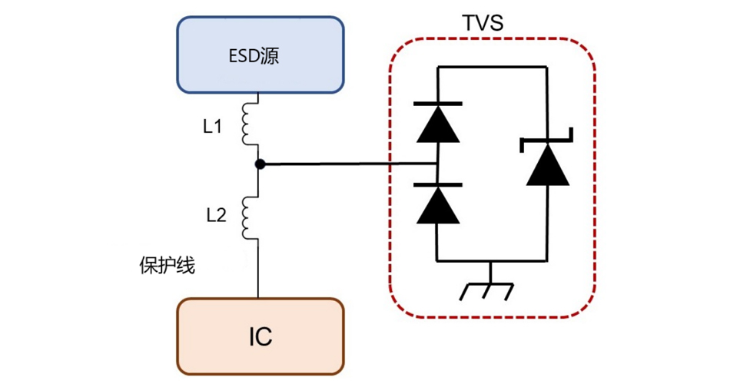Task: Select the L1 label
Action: click(212, 127)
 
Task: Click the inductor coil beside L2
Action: click(250, 217)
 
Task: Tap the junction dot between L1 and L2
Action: click(260, 164)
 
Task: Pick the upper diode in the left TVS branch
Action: click(437, 123)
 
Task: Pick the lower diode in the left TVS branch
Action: click(437, 204)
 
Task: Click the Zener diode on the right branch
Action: click(547, 163)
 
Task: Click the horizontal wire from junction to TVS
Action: click(346, 164)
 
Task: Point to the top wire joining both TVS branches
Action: click(492, 68)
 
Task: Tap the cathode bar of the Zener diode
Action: click(547, 140)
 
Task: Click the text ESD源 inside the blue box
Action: click(258, 57)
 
